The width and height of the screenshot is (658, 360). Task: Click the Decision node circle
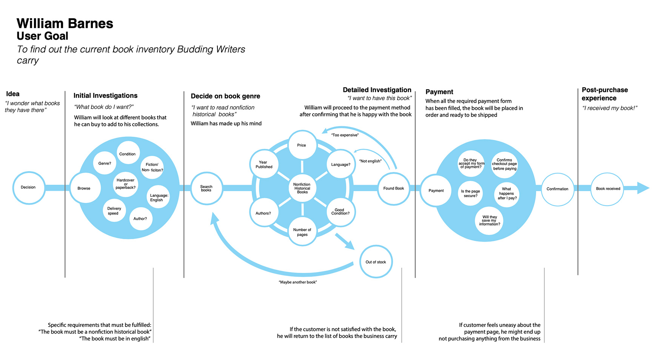(29, 188)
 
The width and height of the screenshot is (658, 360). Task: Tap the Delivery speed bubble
(114, 211)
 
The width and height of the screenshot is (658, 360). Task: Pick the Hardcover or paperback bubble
(126, 184)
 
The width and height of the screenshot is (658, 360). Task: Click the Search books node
(206, 188)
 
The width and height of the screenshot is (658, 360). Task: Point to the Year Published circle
(264, 164)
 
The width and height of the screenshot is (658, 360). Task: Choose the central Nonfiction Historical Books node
(302, 188)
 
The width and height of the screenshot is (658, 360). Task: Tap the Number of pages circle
(302, 232)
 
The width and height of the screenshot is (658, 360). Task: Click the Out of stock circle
(376, 262)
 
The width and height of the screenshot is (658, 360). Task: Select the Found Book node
(394, 188)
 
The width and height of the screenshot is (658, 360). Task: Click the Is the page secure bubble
(470, 193)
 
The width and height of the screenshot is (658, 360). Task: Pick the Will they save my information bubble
(489, 221)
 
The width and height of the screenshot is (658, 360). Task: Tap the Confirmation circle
(558, 189)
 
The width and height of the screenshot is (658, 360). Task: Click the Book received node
(608, 188)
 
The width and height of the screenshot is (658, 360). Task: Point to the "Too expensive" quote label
(345, 135)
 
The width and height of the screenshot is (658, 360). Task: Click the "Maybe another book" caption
(298, 282)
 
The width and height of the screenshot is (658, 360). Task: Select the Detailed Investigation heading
(377, 90)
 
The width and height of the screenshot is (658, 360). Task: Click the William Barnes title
(65, 23)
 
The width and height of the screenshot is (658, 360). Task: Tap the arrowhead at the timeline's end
(643, 188)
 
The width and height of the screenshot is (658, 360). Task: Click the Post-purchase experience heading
(604, 94)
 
